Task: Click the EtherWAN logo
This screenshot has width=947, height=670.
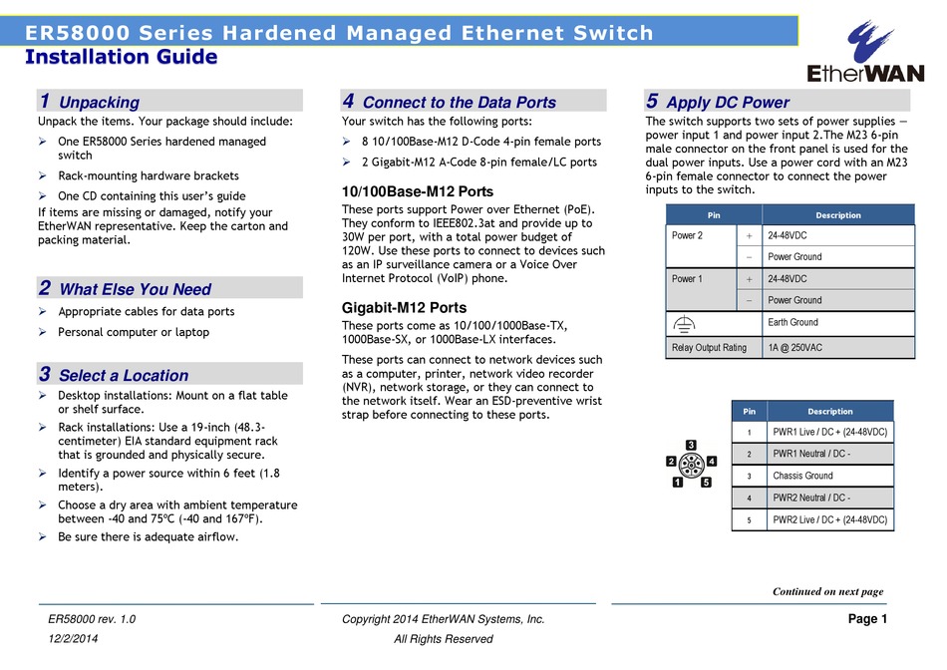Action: [865, 52]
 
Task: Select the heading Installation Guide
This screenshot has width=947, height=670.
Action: [122, 57]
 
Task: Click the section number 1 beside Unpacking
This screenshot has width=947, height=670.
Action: [45, 101]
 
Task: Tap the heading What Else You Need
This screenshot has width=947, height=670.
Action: [136, 289]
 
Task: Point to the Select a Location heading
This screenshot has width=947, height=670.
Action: [124, 375]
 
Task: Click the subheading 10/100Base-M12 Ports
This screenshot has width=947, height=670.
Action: [418, 191]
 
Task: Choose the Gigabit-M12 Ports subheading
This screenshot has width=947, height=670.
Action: [404, 307]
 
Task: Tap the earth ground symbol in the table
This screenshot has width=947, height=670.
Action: [684, 325]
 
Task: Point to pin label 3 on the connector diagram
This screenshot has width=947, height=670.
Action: [691, 446]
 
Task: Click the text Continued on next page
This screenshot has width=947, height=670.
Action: [828, 591]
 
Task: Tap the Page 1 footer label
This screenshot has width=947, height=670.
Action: [868, 618]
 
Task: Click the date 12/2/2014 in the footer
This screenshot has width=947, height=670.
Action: [73, 638]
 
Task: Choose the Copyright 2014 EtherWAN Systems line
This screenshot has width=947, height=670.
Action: [444, 619]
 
